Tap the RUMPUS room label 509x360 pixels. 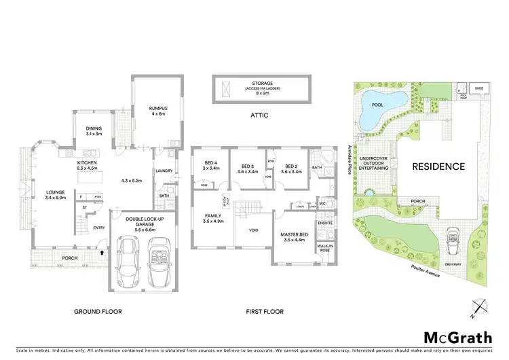click(x=158, y=109)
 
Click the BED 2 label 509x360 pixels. click(x=292, y=166)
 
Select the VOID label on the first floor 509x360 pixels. click(x=253, y=230)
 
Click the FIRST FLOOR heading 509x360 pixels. click(x=265, y=312)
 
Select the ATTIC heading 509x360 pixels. click(x=259, y=115)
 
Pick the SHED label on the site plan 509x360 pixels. click(x=479, y=88)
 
